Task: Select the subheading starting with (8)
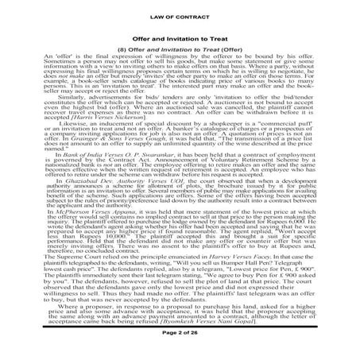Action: [x=180, y=48]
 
